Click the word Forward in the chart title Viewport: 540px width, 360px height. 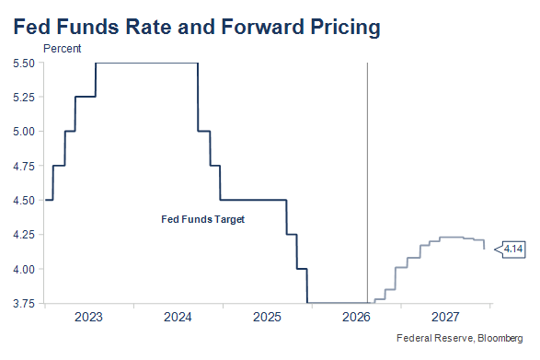point(263,27)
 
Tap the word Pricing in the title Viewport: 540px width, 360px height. point(345,28)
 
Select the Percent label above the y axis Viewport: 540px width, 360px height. point(62,49)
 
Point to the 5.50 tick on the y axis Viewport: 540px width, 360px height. point(24,64)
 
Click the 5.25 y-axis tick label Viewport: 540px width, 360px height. point(24,98)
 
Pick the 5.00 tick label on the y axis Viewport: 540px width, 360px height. point(24,132)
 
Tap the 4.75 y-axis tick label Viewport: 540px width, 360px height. point(24,166)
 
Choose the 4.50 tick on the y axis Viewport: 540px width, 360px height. point(24,201)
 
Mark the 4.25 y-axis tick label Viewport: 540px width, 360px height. point(24,235)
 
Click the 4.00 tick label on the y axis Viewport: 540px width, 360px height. point(24,269)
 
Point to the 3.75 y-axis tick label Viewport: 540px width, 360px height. point(24,304)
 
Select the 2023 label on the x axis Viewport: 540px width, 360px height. point(88,317)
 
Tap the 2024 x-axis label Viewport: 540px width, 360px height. point(178,317)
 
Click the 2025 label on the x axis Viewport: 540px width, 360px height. point(267,317)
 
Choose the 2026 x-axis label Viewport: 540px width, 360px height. point(356,317)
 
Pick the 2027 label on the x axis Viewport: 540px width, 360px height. point(445,317)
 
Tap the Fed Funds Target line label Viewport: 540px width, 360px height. point(202,219)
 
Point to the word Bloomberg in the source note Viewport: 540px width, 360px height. point(500,338)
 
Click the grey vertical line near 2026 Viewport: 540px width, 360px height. point(367,182)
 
